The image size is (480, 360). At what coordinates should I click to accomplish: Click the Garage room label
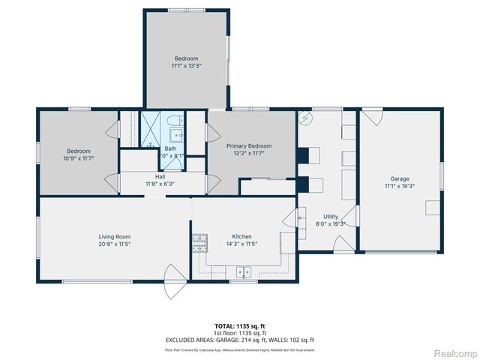[399, 178]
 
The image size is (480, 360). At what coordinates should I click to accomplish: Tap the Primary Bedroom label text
[249, 145]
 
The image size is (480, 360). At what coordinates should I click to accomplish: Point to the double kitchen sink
[242, 271]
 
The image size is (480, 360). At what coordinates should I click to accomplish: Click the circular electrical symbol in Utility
[305, 118]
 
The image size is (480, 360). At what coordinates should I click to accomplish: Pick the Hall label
[160, 176]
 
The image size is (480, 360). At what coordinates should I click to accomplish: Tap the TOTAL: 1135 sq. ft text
[240, 326]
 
